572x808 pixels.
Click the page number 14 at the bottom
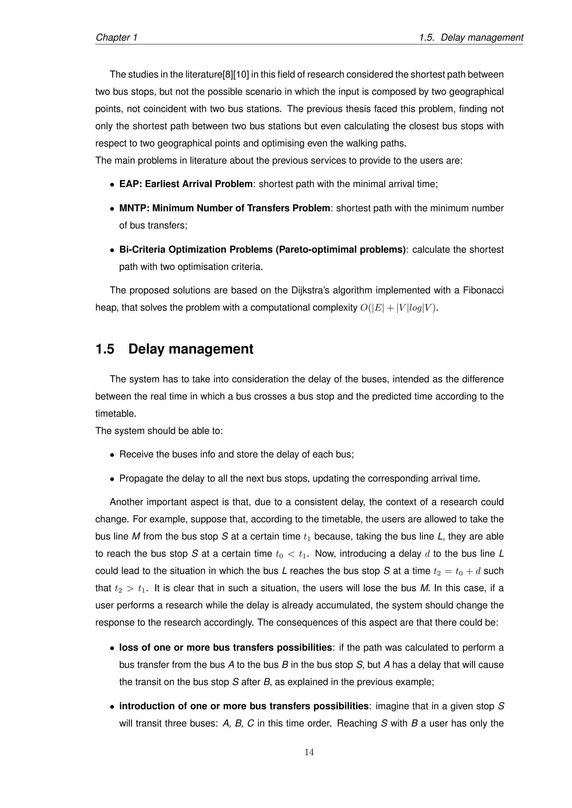coord(309,752)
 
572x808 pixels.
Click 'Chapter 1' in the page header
coord(116,37)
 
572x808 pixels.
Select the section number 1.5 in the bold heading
coord(105,349)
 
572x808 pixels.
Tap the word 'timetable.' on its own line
coord(116,413)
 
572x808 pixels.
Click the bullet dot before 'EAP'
coord(112,184)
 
